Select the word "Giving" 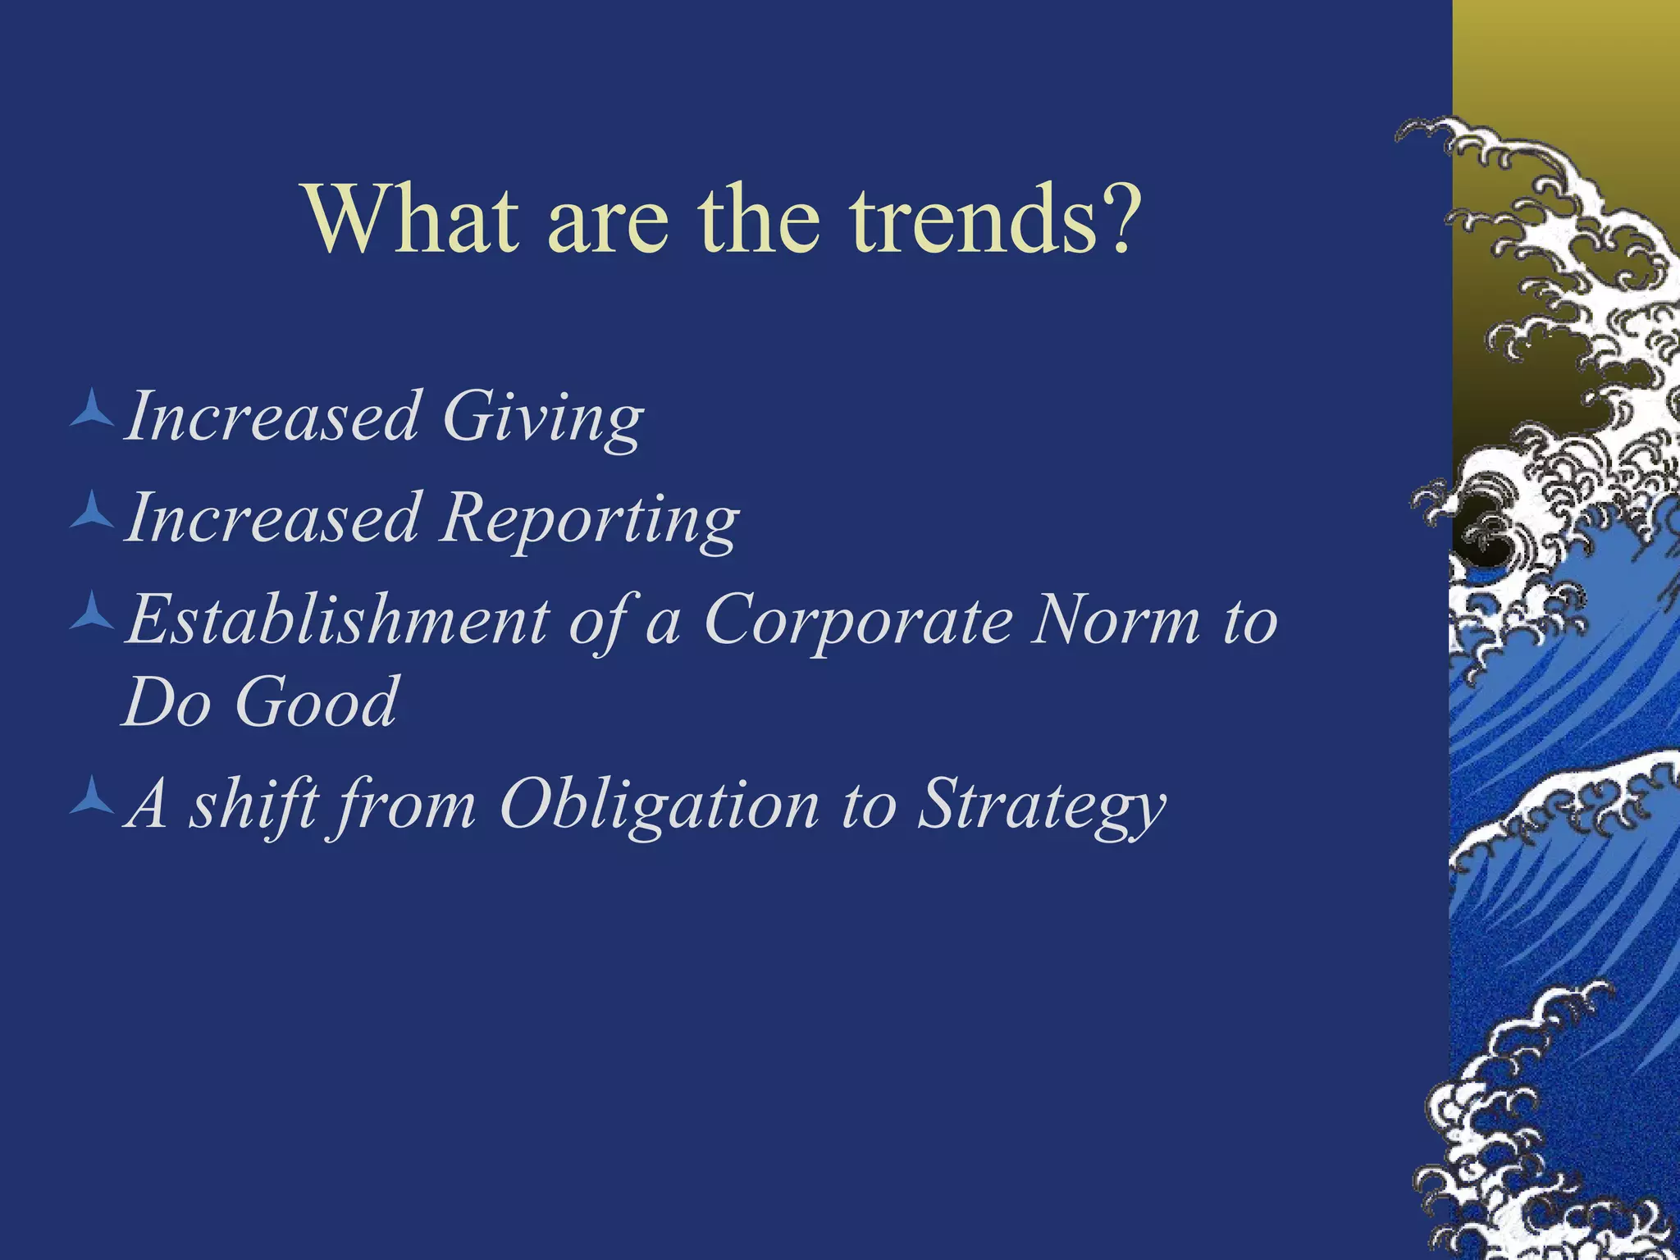click(x=542, y=418)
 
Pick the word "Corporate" click(x=858, y=621)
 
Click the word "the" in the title click(x=759, y=220)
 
